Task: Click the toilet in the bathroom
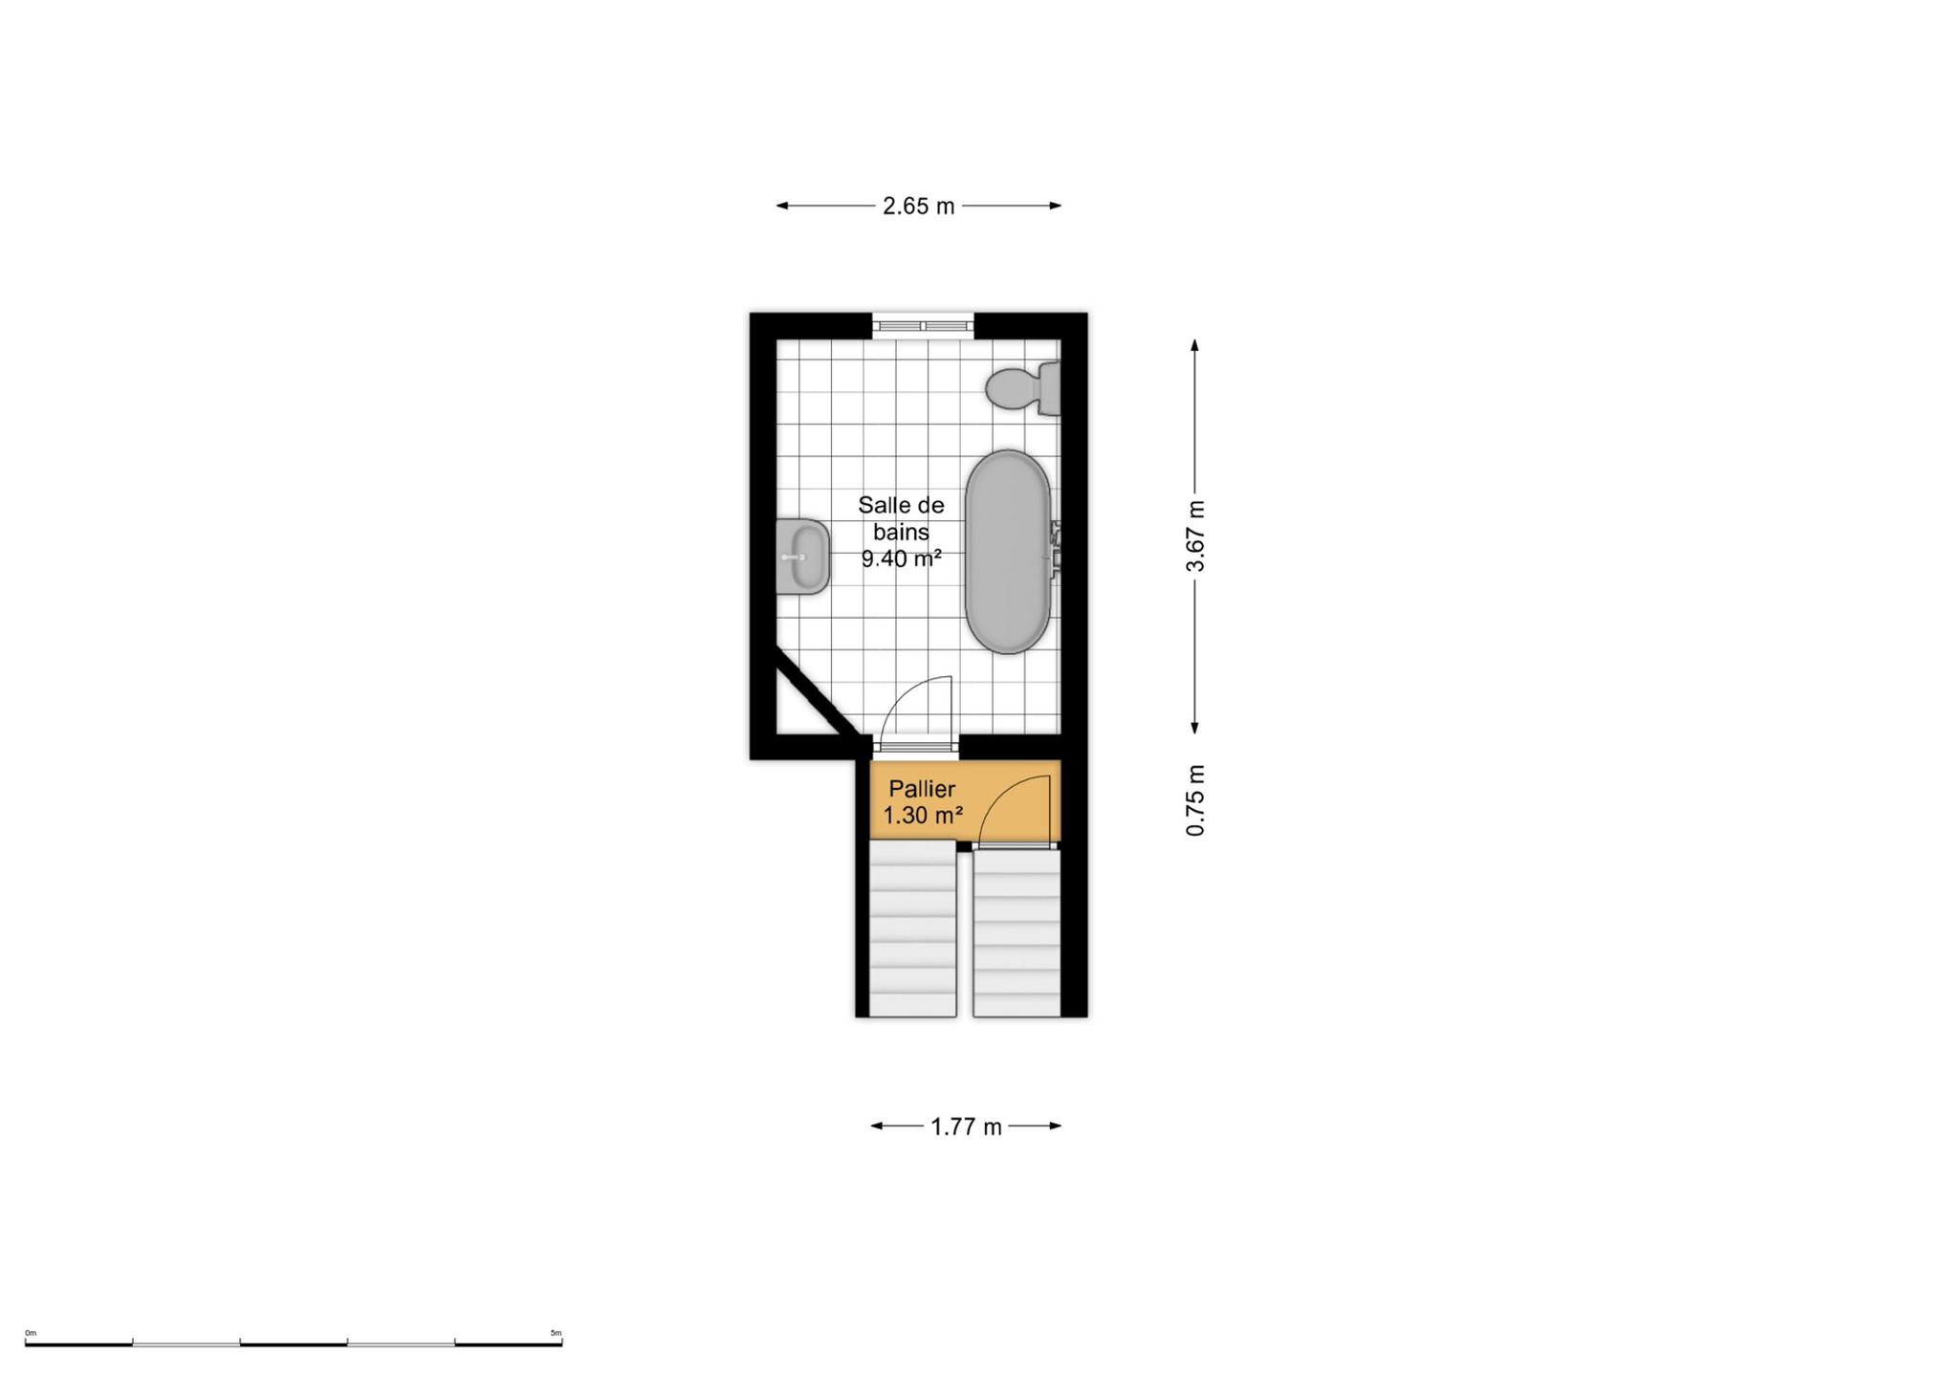(x=1023, y=388)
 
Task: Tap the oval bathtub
(x=1008, y=552)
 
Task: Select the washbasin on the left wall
(x=802, y=557)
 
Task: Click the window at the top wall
(x=923, y=326)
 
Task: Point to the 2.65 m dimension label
(x=918, y=207)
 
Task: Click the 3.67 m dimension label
(x=1195, y=536)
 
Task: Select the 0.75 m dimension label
(x=1195, y=800)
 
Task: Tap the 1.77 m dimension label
(x=966, y=1127)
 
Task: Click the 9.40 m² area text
(x=901, y=558)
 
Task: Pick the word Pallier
(x=922, y=789)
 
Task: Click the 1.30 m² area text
(x=922, y=816)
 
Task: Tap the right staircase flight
(x=1017, y=933)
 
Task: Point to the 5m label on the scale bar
(x=556, y=1333)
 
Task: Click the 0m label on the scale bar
(x=31, y=1333)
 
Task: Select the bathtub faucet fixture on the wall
(x=1056, y=550)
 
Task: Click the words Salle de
(x=901, y=505)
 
